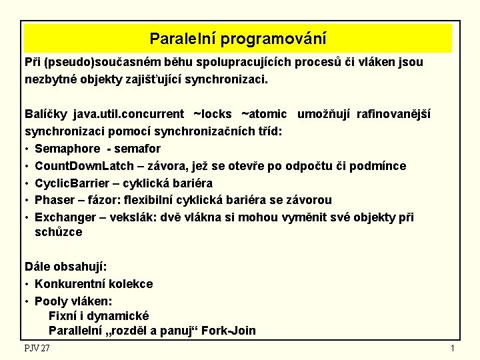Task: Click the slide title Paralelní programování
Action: (238, 39)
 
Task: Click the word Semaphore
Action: (67, 148)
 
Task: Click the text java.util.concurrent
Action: (129, 114)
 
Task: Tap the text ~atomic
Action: (264, 114)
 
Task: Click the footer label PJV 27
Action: (37, 349)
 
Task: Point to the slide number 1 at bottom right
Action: (452, 349)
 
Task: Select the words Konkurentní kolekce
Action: (93, 284)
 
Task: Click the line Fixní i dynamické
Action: (99, 315)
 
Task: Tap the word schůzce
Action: (59, 232)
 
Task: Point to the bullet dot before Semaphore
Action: (27, 148)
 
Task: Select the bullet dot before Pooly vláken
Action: (27, 301)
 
